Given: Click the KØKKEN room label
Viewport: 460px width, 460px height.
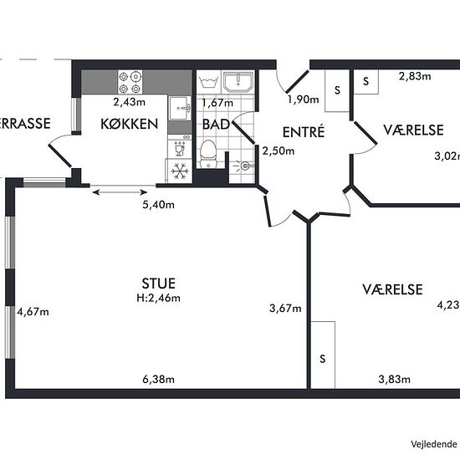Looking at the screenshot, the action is coord(130,124).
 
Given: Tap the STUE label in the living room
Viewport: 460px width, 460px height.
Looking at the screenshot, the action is coord(159,284).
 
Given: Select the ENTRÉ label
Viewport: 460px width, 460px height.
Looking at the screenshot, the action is coord(304,131).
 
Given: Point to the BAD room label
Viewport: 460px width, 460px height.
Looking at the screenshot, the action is coord(216,124).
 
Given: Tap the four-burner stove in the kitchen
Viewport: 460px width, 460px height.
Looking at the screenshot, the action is coord(130,82).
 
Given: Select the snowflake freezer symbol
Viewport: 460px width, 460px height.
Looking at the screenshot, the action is coord(180,171).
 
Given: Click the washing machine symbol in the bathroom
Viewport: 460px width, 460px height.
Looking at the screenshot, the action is coord(208,81).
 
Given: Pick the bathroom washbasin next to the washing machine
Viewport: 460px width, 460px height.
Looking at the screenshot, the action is coord(238,81).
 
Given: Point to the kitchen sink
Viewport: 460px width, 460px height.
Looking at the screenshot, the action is coord(180,108).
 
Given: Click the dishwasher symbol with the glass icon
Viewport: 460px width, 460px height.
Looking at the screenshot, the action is coord(180,148).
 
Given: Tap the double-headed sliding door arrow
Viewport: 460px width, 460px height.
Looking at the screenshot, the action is coord(120,192).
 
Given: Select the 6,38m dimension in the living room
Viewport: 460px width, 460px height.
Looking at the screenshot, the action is coord(158,380).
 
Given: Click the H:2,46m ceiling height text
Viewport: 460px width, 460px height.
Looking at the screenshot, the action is coord(158,298).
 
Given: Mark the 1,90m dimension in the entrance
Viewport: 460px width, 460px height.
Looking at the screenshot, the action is coord(304,100).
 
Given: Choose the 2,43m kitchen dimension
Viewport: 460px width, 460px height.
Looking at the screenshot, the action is coord(130,102).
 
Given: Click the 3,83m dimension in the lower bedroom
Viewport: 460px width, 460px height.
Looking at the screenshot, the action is coord(394,380).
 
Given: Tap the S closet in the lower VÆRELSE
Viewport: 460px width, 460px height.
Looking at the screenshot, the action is coord(323,355).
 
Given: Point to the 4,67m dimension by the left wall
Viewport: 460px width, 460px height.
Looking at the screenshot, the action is coord(33,312).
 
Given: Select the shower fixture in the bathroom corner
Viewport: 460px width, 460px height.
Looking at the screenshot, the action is coord(244,166).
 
